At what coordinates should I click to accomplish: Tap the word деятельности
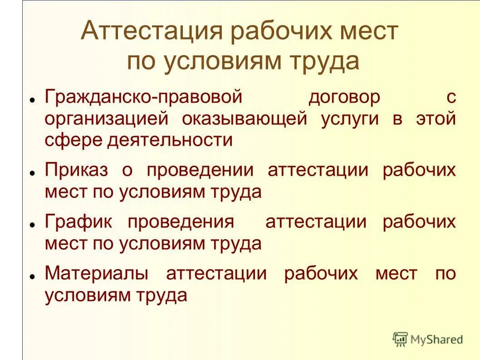point(170,140)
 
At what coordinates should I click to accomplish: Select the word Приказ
point(77,171)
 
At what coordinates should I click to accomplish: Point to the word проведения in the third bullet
point(181,222)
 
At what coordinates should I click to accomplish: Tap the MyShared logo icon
point(400,339)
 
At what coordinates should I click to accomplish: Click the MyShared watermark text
point(436,339)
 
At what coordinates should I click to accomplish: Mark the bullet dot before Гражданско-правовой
point(32,99)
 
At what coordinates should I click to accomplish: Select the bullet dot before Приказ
point(32,173)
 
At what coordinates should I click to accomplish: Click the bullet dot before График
point(32,224)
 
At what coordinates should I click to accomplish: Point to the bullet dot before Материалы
point(32,276)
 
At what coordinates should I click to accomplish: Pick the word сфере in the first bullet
point(73,140)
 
